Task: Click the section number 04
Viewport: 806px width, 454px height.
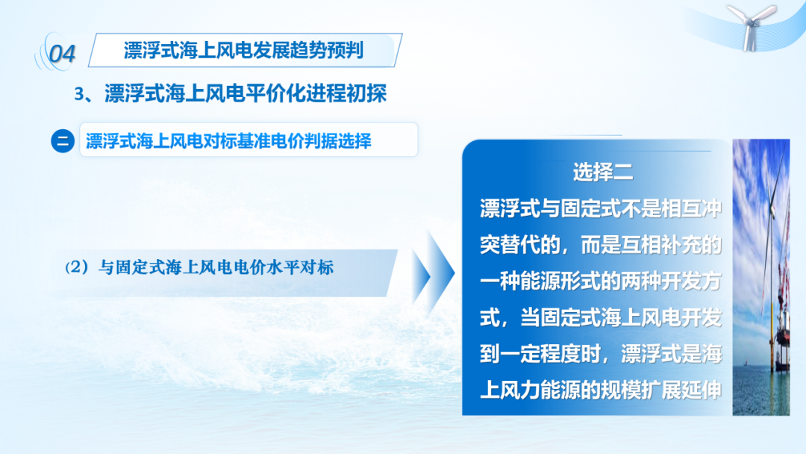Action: pos(62,54)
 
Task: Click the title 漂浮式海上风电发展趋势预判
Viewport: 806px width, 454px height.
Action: pos(243,50)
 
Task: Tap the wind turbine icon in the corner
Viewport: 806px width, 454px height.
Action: pos(752,25)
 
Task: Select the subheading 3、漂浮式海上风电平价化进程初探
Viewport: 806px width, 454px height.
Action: pos(231,93)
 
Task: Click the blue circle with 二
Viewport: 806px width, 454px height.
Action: pos(63,141)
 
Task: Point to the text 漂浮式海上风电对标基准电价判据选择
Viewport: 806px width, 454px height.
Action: pos(228,141)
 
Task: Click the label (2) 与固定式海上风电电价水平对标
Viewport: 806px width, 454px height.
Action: pos(199,267)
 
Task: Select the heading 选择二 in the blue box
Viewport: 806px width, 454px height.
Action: pos(602,172)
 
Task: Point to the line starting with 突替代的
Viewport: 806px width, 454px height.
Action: pos(600,245)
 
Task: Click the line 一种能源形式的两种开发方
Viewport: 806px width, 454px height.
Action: pos(600,282)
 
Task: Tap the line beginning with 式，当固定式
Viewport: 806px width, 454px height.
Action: pos(600,317)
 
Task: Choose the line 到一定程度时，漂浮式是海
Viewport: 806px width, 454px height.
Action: pos(600,354)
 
